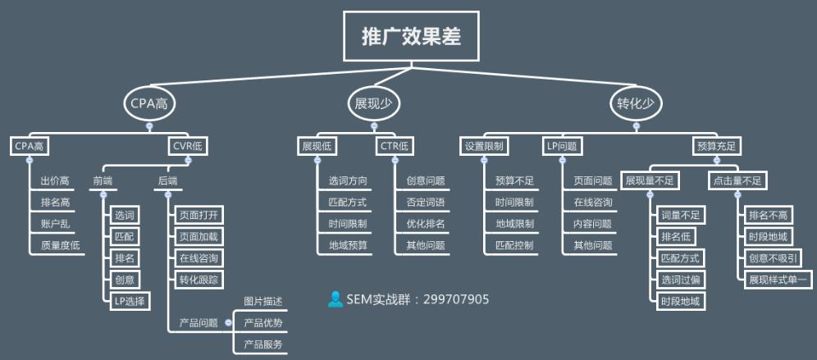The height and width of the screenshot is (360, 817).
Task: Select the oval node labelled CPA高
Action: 149,104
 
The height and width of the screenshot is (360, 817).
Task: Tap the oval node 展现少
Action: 374,104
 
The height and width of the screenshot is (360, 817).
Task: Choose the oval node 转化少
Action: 636,104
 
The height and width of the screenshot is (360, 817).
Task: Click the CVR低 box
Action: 188,147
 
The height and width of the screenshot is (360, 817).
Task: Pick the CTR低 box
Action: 395,147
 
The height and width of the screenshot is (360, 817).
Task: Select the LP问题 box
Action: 562,147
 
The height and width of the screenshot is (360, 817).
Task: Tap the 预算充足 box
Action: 715,147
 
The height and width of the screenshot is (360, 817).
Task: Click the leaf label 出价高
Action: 54,180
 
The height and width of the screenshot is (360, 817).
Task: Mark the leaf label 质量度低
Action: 60,244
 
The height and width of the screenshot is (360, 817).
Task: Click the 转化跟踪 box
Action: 199,280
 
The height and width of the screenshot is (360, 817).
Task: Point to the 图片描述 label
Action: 263,302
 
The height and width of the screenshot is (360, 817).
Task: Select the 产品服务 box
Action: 263,344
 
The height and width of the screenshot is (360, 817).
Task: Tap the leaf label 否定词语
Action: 425,202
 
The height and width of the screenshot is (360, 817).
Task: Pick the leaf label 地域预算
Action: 348,244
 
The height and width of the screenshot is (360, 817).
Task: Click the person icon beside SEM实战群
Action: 335,299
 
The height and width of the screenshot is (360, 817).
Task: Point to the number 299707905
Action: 456,300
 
